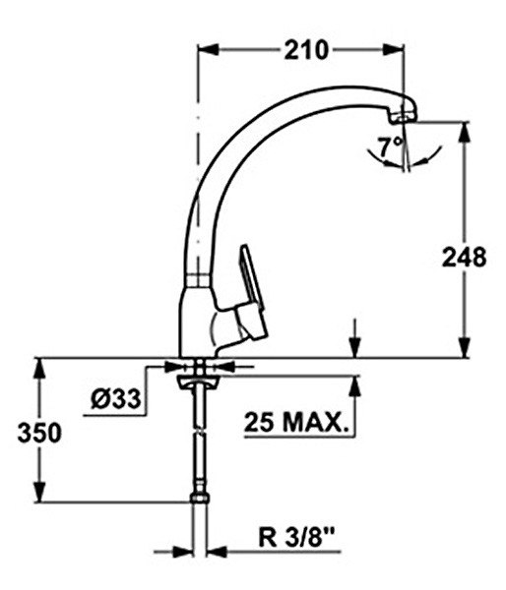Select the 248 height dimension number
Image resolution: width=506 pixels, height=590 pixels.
[463, 258]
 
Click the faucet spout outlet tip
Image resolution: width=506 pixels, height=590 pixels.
[401, 116]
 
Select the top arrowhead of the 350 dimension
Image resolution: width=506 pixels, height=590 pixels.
[39, 365]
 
